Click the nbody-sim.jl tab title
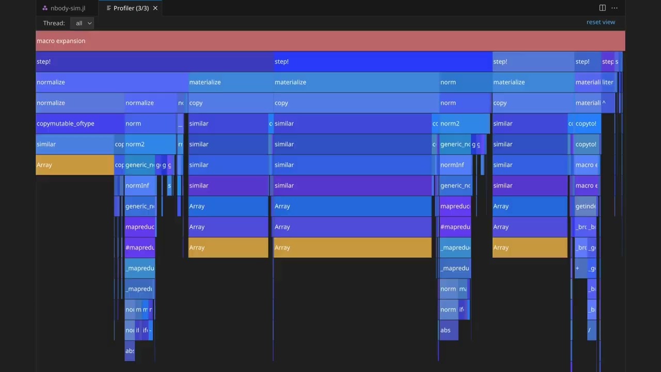[68, 8]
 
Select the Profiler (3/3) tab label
[131, 8]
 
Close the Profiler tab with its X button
[155, 8]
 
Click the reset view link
[601, 22]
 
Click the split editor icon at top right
[602, 8]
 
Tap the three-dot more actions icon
[615, 8]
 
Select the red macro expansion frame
[330, 41]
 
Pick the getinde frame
[586, 206]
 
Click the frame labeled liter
[608, 82]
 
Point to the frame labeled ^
[604, 103]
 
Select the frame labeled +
[578, 268]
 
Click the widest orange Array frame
[353, 247]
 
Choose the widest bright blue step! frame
[383, 61]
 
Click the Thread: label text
[54, 23]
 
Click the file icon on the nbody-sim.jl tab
[45, 8]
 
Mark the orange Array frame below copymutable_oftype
[75, 165]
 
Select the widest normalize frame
[112, 82]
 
